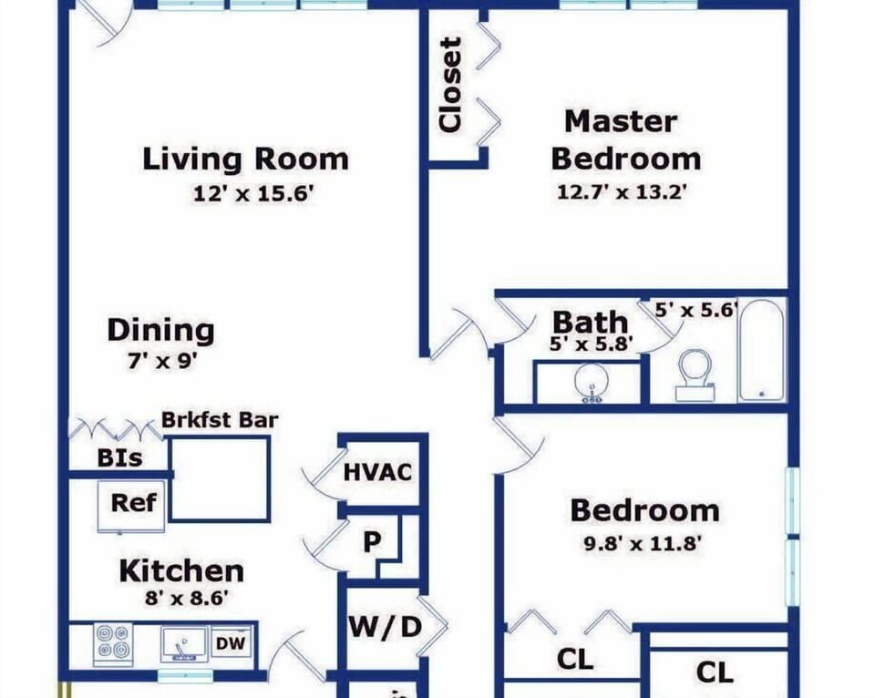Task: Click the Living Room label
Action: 245,159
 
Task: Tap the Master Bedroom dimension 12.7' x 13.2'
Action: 622,192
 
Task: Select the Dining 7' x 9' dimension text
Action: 162,362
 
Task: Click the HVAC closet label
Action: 377,472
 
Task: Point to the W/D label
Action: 385,627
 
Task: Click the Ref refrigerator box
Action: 131,506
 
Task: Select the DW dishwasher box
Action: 231,642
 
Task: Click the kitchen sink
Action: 184,644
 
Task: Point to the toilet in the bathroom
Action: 695,375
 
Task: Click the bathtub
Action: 761,350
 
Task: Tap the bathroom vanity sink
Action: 590,384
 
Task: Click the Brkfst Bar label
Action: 220,419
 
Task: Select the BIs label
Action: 120,457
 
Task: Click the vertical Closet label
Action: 451,85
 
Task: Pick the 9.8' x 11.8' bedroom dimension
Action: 643,543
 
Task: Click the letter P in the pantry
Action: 372,540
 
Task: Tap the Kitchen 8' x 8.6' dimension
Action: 186,598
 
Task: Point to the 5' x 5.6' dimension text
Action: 695,310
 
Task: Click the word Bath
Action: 591,323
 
